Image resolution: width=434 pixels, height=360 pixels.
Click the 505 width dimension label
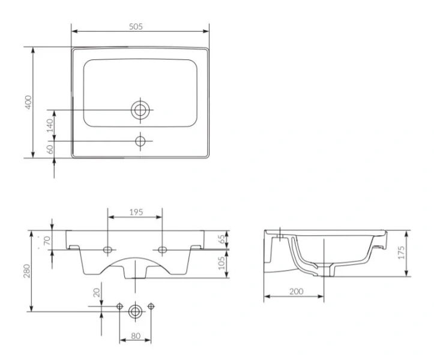point(136,26)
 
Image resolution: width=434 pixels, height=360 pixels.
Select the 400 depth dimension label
point(28,102)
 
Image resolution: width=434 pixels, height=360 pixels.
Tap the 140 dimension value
point(50,125)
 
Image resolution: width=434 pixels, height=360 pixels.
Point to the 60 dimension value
point(50,149)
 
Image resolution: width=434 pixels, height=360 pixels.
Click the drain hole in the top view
point(140,110)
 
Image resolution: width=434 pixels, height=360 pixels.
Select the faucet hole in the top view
point(140,141)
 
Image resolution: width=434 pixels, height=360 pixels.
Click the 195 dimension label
point(136,212)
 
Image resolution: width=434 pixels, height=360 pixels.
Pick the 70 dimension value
point(47,240)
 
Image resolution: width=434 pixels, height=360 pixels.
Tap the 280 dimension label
point(26,271)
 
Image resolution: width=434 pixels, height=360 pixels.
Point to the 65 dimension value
point(222,239)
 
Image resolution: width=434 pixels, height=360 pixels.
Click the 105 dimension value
point(222,263)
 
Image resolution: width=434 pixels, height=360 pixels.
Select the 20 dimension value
point(96,292)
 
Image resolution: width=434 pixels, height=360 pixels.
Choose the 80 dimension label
point(136,336)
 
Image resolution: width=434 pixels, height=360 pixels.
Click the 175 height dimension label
point(401,253)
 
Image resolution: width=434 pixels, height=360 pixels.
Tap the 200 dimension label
point(297,292)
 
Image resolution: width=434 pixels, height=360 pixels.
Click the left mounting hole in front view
point(107,250)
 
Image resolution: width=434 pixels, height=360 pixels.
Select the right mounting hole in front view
point(163,250)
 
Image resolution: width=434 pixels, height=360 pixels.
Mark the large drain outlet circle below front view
point(135,311)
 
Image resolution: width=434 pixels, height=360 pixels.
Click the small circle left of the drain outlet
point(119,307)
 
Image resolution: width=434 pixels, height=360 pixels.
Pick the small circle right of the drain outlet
point(151,307)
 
